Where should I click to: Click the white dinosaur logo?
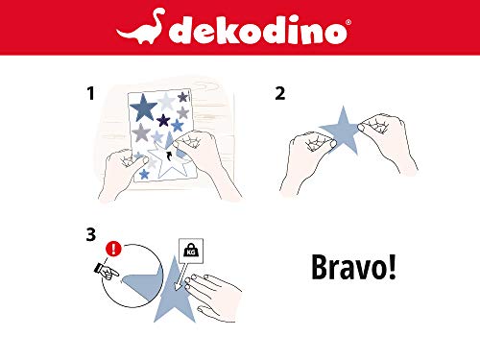point(141,27)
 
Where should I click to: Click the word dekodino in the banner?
point(257,30)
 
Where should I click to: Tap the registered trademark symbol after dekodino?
point(348,22)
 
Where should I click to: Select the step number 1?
point(90,93)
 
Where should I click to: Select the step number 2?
point(280,93)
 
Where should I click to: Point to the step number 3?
point(91,234)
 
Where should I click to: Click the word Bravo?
point(353,267)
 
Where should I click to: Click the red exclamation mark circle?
point(113,249)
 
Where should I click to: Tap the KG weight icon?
point(191,251)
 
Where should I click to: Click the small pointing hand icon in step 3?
point(107,272)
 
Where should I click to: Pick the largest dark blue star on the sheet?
point(143,107)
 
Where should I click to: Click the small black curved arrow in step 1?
point(170,156)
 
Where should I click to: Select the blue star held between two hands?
point(342,132)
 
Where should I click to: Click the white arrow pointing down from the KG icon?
point(180,276)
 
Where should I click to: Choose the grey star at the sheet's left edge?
point(141,132)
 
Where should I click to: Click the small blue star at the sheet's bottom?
point(144,174)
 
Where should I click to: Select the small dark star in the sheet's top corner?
point(182,97)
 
